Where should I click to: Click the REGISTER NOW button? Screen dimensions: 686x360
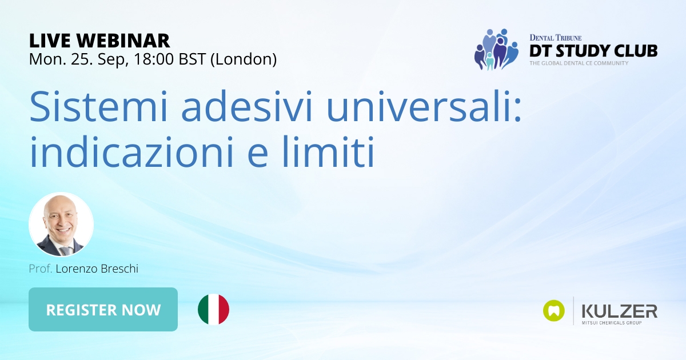[103, 309]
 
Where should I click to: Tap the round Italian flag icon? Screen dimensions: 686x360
[213, 309]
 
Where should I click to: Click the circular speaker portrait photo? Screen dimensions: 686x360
[61, 225]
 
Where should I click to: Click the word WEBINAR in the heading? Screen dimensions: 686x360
[123, 41]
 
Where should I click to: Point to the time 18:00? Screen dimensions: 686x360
[153, 59]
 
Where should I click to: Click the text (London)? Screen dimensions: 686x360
[244, 59]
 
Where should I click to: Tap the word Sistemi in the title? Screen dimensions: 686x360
[98, 106]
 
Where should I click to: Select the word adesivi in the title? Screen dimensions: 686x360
[247, 106]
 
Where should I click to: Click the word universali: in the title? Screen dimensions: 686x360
[424, 106]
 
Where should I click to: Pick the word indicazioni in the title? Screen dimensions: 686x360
[131, 152]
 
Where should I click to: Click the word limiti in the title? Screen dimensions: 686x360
[328, 152]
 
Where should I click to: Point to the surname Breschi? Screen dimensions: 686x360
[119, 269]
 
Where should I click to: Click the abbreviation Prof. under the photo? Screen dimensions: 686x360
[41, 269]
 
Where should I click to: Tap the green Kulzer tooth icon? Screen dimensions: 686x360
[554, 311]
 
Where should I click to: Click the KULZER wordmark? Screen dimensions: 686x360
[620, 311]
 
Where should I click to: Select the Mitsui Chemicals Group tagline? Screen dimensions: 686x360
[612, 323]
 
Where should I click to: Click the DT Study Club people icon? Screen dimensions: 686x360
[496, 49]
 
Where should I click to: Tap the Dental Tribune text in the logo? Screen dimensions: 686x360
[556, 38]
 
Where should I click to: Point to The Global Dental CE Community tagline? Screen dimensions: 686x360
[579, 63]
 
